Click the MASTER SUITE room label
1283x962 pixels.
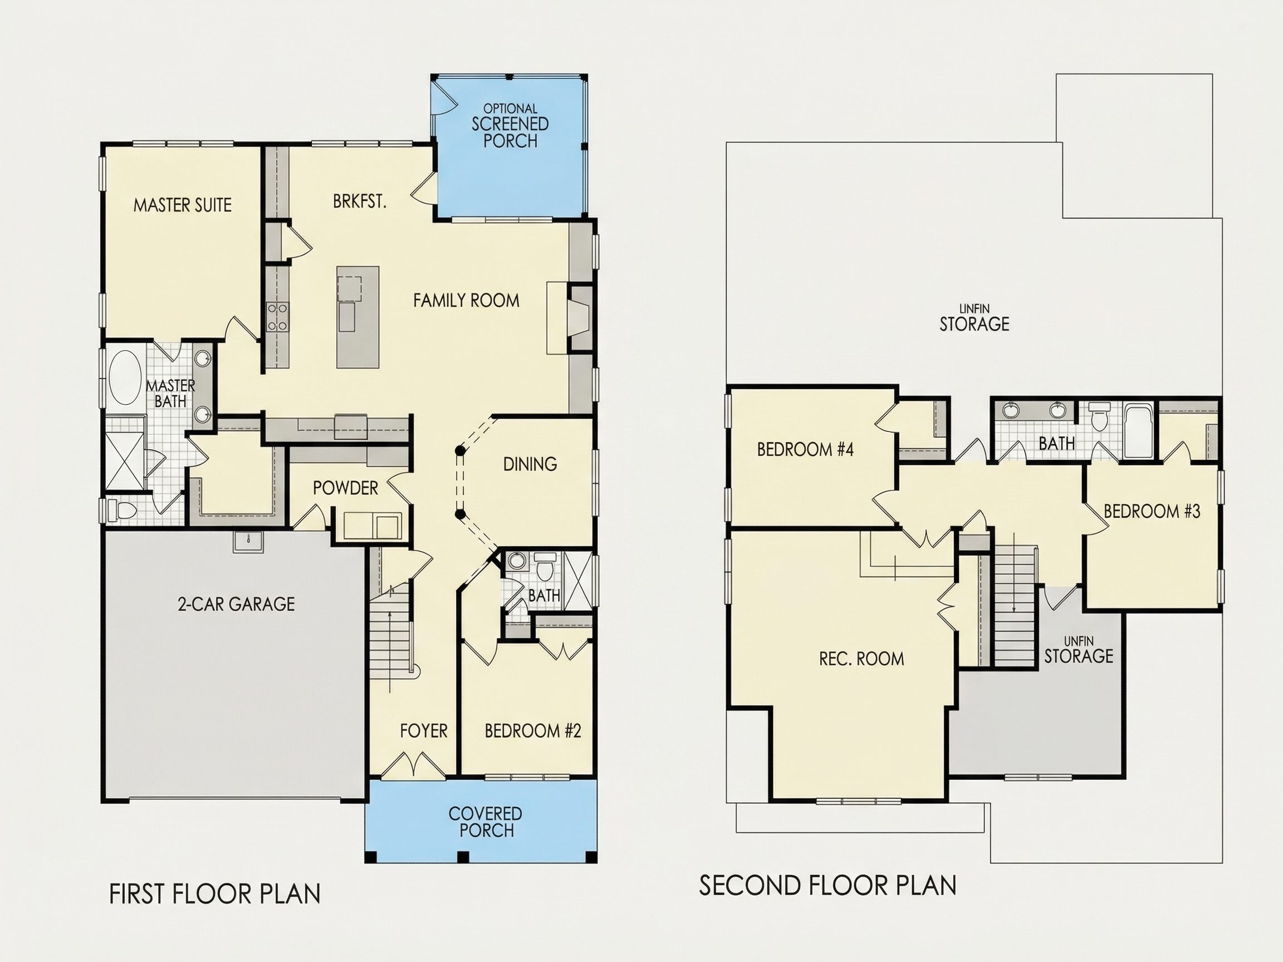pos(182,205)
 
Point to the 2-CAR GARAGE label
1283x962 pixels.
pos(236,604)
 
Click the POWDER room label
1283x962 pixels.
pos(345,488)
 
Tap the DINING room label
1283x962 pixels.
pos(530,464)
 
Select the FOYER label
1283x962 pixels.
pos(423,730)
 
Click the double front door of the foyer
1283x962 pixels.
pos(412,764)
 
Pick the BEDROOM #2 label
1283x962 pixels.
pos(532,730)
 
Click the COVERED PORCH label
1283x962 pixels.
pos(486,822)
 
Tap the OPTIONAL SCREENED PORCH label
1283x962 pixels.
pos(511,125)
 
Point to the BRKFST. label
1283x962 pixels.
pos(360,201)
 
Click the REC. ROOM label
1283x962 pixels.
pos(861,659)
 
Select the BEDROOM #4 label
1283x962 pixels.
pos(805,449)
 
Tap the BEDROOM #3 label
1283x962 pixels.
pos(1152,512)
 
